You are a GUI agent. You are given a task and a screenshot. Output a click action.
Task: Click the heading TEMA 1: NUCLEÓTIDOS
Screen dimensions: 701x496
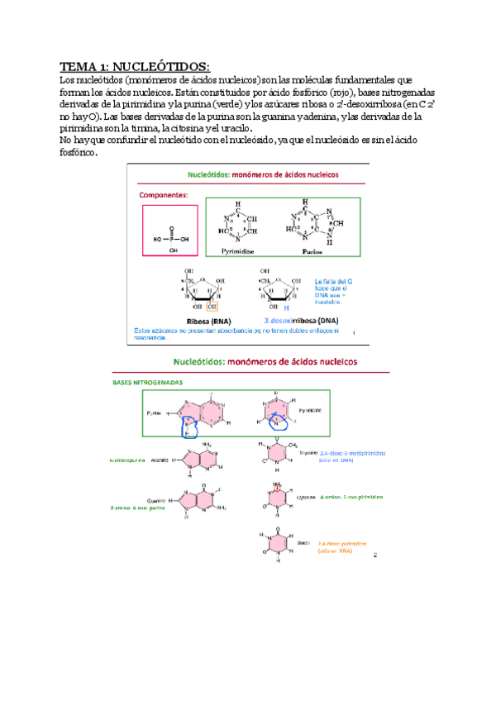[x=135, y=66]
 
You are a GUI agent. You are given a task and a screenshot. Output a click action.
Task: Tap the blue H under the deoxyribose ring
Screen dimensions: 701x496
[x=286, y=307]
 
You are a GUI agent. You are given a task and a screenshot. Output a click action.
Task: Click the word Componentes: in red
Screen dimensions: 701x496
[x=164, y=195]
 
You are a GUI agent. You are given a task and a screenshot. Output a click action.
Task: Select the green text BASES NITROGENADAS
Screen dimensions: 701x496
[x=149, y=383]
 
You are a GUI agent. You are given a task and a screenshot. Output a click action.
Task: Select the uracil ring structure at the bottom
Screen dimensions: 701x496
[x=277, y=542]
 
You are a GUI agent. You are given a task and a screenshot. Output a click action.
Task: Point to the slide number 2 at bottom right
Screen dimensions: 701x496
[x=374, y=555]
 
